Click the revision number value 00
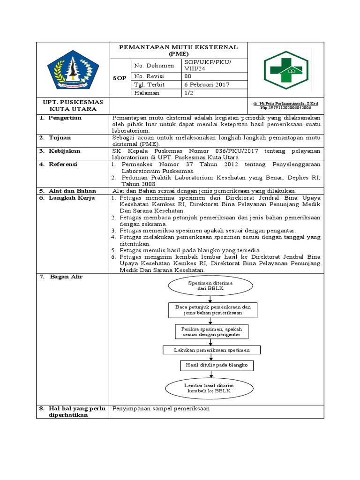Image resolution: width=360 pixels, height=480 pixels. click(x=187, y=76)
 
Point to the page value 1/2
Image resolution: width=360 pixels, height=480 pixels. click(x=188, y=93)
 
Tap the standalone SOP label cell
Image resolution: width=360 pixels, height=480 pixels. click(x=120, y=78)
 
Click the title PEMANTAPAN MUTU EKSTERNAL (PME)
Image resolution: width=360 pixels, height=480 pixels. click(x=178, y=50)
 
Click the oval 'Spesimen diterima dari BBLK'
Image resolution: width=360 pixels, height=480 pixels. click(x=210, y=286)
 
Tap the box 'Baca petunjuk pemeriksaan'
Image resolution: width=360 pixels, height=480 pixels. click(x=210, y=309)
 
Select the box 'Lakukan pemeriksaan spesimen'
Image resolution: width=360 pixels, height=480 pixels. click(x=211, y=350)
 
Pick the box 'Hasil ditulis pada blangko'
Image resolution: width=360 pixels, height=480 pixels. click(x=210, y=365)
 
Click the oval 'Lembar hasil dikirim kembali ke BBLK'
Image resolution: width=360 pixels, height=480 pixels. click(x=210, y=387)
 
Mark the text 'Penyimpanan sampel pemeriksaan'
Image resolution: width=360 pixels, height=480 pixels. click(x=161, y=408)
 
